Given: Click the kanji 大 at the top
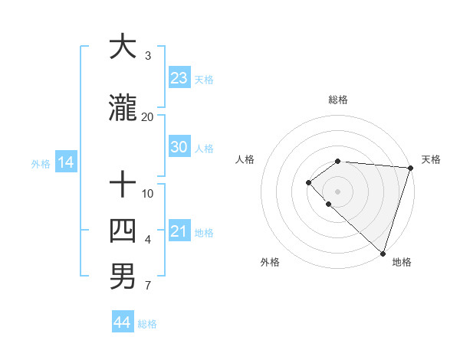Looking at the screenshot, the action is point(123,47).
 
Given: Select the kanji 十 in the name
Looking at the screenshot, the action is point(123,185).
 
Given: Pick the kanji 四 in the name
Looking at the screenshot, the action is point(123,231).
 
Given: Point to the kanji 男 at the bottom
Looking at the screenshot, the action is point(123,277).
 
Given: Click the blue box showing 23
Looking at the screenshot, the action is point(179,78).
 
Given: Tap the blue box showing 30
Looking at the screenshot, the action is point(179,147).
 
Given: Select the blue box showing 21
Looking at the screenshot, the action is point(179,231).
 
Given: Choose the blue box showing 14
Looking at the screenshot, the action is point(65,162).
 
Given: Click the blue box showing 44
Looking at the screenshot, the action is point(123,322).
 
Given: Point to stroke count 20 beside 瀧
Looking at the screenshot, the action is point(147,116).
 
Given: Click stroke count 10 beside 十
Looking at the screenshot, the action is point(148,193).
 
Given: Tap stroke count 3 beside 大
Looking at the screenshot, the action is point(148,56).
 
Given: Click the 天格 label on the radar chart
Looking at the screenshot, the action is point(432,159).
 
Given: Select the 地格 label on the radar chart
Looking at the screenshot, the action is point(402,262).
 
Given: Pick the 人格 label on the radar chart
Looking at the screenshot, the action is point(245,159).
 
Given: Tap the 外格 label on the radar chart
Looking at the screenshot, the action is point(270,262).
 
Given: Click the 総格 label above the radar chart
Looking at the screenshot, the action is point(338,100).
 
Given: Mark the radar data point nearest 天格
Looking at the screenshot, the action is point(410,168).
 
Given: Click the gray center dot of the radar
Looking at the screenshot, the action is point(337,191).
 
